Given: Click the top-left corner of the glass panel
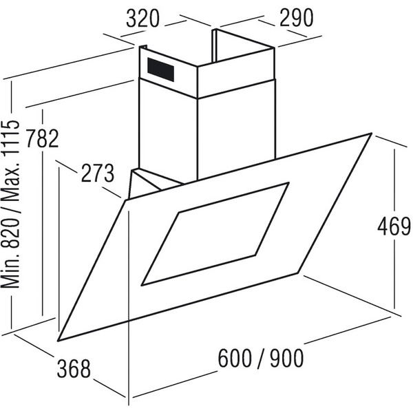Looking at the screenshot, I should (125, 199).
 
